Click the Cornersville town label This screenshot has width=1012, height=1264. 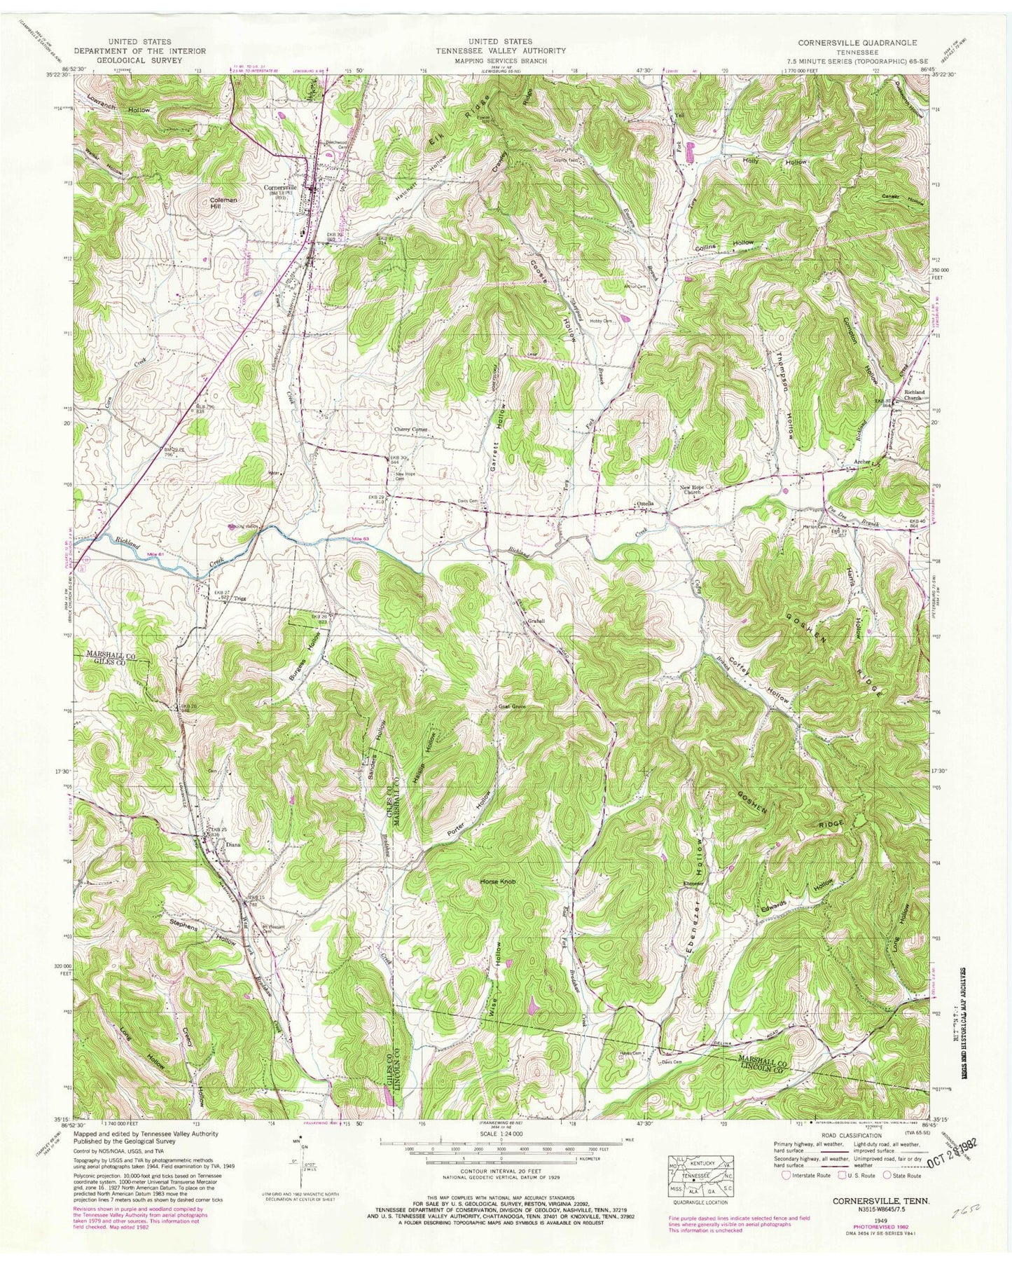pos(280,188)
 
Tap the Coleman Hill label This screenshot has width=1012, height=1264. pos(223,203)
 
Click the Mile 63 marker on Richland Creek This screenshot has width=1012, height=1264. pos(360,537)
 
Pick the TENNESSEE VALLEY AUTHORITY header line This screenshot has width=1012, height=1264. pos(501,51)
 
